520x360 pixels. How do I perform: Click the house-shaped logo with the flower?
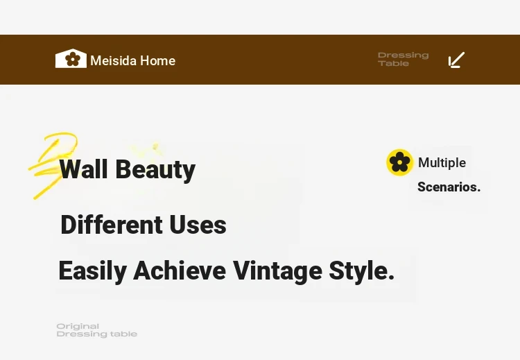tap(71, 59)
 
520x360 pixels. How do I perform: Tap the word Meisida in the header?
tap(114, 61)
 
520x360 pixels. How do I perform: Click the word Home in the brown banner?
tap(158, 61)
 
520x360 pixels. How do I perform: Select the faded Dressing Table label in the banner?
tap(404, 59)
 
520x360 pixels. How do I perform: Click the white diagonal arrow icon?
tap(456, 60)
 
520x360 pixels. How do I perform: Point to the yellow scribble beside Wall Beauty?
tap(53, 165)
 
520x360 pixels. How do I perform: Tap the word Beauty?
tap(155, 170)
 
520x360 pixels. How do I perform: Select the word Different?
tap(111, 225)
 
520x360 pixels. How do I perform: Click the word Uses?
tap(198, 225)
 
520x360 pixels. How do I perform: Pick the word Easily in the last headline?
tap(92, 271)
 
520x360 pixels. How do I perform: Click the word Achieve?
tap(180, 271)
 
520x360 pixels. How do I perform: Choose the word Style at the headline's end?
tap(361, 271)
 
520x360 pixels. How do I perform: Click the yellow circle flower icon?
tap(400, 162)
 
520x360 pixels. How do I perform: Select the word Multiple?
tap(442, 163)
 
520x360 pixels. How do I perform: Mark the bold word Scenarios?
tap(449, 187)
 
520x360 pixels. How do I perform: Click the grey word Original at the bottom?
tap(78, 326)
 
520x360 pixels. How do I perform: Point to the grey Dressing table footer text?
tap(97, 334)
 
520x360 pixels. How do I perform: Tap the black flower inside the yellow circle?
tap(400, 162)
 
